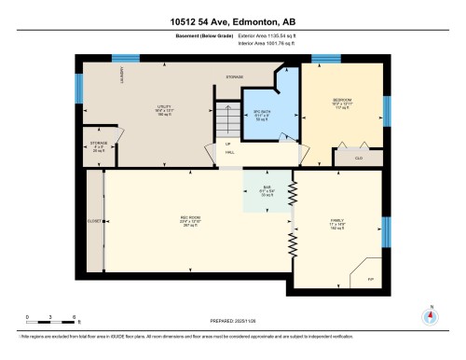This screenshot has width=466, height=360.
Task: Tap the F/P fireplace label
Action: point(368,277)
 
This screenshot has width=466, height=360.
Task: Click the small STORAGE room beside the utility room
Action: point(98,145)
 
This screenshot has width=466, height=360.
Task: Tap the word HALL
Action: point(227,152)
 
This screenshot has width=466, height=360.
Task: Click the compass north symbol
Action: point(429,315)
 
